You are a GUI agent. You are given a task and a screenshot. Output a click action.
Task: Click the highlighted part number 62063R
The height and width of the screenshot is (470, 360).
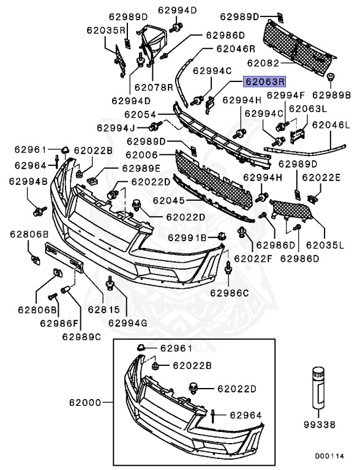click(265, 81)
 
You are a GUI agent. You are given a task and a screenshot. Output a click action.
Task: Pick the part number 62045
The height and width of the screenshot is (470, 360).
click(168, 200)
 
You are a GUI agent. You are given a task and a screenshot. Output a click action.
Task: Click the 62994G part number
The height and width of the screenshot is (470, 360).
click(129, 323)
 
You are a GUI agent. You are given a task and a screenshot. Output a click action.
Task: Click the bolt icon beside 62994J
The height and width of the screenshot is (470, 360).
click(155, 128)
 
